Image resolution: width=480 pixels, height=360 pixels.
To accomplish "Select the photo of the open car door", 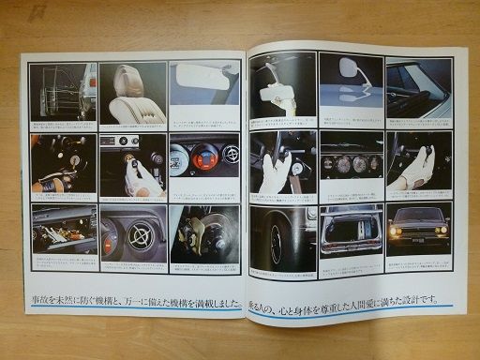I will pos(62,91).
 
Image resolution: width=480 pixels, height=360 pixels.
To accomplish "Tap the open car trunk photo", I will pos(351,228).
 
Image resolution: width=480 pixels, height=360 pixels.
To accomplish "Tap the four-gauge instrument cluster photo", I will pos(351,162).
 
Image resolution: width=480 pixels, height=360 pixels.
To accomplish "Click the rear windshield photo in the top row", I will pos(418,87).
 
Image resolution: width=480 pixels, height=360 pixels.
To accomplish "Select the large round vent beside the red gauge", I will pos(140,240).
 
